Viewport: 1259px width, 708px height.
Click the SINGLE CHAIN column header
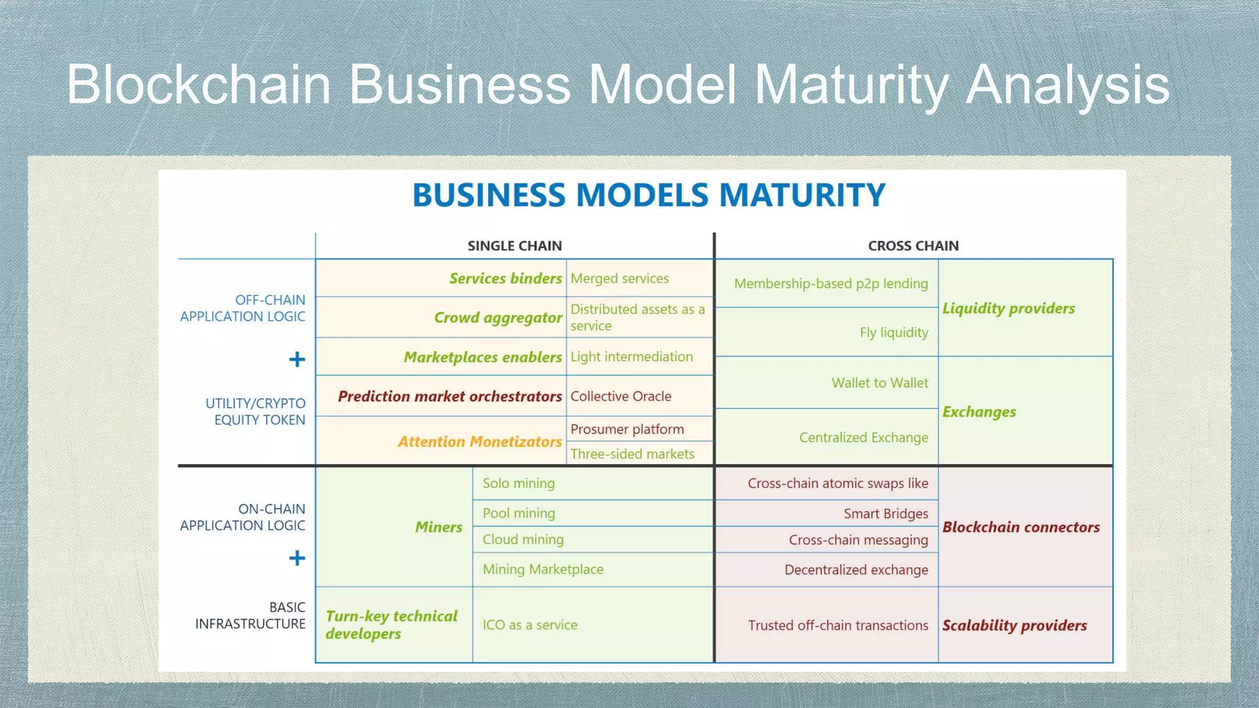[515, 246]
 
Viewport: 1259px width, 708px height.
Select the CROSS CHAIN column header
[913, 246]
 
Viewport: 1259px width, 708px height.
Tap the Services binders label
[505, 278]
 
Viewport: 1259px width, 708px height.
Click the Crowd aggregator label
[498, 318]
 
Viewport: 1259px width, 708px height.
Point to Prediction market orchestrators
[449, 396]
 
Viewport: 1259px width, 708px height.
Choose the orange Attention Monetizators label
[480, 441]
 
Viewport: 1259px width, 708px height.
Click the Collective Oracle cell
[620, 396]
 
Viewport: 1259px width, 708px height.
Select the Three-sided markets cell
[632, 454]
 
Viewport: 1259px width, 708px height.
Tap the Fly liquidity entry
[894, 332]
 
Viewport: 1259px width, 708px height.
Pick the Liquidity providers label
[1008, 308]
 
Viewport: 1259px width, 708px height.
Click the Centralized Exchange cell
[863, 438]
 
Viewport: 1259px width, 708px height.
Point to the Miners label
[438, 527]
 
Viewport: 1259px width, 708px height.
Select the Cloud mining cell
[523, 540]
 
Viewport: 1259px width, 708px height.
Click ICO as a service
[529, 625]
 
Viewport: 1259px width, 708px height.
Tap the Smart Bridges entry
[885, 514]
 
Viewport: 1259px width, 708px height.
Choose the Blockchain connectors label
[1020, 527]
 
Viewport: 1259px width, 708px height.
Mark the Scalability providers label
[1014, 625]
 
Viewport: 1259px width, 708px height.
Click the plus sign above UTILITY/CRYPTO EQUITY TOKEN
[297, 360]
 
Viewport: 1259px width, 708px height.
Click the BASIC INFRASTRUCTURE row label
[250, 615]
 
